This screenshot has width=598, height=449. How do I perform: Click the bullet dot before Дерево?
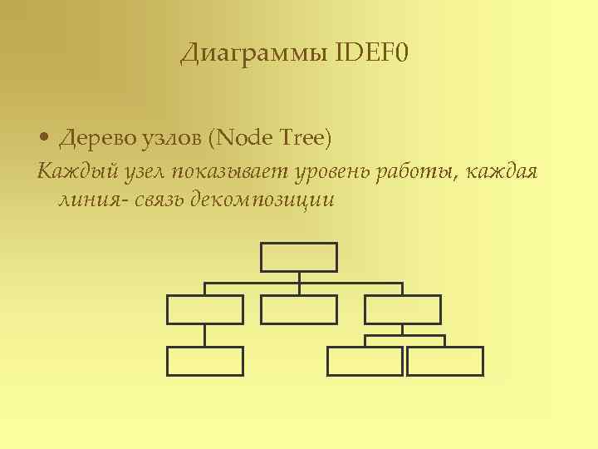[x=45, y=137]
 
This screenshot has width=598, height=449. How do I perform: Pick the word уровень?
[x=330, y=172]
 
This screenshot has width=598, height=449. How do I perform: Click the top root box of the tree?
[x=299, y=257]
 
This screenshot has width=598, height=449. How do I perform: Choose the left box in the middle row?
[x=205, y=309]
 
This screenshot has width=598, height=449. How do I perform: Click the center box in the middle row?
[x=299, y=309]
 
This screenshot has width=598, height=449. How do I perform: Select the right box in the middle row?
[x=403, y=309]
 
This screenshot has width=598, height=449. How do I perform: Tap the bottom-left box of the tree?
[x=205, y=361]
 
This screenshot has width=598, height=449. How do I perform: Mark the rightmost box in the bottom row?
[x=445, y=361]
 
